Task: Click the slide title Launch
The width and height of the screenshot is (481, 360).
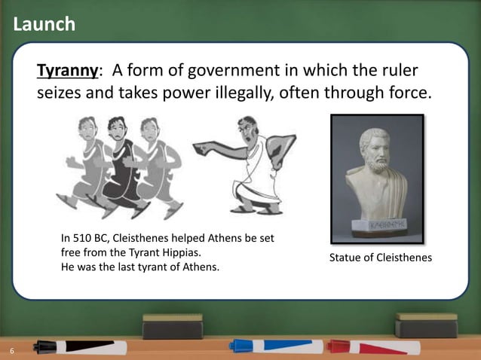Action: tap(44, 24)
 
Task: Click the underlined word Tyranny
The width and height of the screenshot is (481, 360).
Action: tap(68, 72)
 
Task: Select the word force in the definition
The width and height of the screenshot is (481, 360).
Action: tap(408, 95)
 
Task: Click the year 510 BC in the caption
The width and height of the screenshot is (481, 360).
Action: tap(90, 239)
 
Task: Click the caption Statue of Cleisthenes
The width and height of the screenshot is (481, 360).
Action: tap(380, 258)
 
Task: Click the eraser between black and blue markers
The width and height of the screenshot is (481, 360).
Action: tap(173, 326)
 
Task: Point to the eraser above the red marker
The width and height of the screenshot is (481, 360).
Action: tap(426, 325)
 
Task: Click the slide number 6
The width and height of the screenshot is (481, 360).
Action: tap(12, 351)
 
